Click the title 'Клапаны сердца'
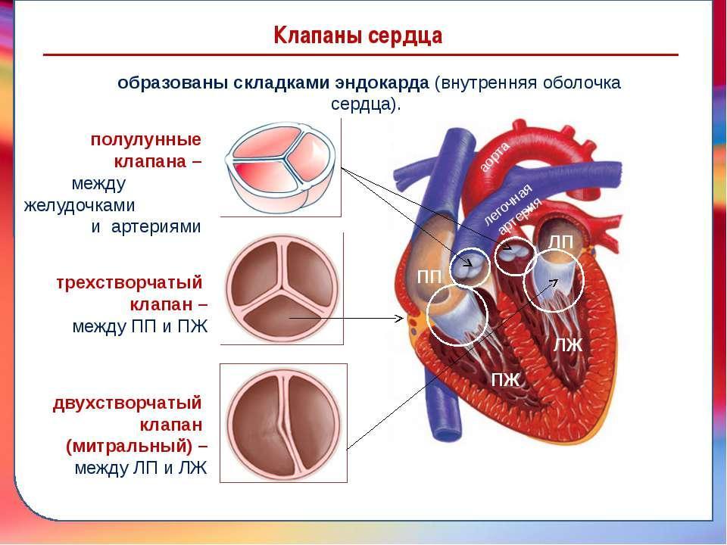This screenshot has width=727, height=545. point(358,36)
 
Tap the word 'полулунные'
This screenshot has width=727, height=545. point(146,140)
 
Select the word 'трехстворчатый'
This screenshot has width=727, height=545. point(129,282)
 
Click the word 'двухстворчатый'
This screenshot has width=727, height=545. point(127,403)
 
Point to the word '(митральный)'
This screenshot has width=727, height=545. point(129,447)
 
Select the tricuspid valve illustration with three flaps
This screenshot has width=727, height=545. point(282,288)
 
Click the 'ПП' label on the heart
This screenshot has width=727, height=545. point(429,277)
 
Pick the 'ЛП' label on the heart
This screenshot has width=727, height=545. point(560,241)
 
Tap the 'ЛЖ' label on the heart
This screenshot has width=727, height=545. point(567,345)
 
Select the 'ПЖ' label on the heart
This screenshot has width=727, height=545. point(506,380)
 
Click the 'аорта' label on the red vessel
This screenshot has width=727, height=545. point(495,157)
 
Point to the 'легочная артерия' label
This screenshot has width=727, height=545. point(512,210)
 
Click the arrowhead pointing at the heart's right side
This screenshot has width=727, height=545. point(399,318)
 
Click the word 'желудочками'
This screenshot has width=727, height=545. point(80,205)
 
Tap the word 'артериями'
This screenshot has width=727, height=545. point(156,227)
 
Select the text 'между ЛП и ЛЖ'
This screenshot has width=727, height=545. point(141,468)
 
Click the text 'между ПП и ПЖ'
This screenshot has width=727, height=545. point(140,327)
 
